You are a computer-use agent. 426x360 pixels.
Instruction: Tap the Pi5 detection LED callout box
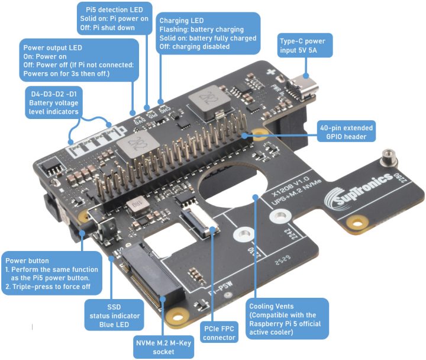click(114, 18)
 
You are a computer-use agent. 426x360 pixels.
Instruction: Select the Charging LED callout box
click(208, 33)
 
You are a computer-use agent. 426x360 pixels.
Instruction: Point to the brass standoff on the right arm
click(389, 157)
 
